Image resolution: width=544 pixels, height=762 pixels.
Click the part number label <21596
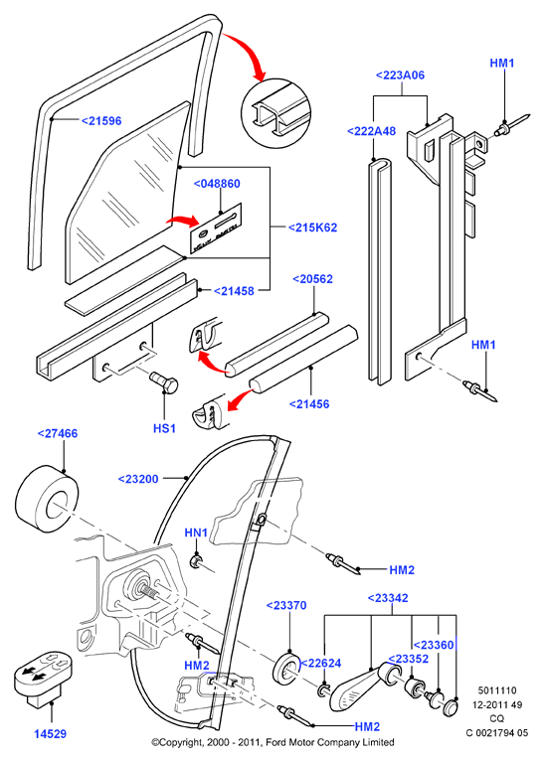[101, 121]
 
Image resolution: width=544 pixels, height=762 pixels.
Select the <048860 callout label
[217, 184]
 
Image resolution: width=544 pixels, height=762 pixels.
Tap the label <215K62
[313, 228]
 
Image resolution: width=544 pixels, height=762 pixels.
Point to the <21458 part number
[234, 291]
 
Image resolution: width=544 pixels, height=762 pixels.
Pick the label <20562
[313, 279]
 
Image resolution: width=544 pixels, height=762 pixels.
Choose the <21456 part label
[309, 403]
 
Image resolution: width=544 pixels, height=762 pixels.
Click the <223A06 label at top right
[401, 75]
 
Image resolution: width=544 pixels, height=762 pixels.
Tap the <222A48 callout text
[372, 131]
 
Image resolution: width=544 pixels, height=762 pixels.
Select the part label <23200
[138, 479]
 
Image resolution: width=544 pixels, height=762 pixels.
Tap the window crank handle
[359, 687]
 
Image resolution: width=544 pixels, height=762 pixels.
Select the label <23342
[388, 598]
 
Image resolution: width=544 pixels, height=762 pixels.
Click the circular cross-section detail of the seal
[274, 111]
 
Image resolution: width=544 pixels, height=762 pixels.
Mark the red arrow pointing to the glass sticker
[183, 221]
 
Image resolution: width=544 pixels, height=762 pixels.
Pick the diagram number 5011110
[497, 690]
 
